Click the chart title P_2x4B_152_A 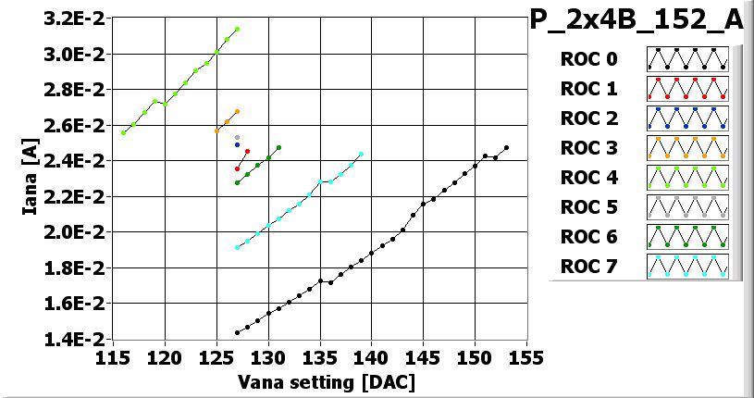pyautogui.click(x=636, y=21)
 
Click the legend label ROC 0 pyautogui.click(x=588, y=59)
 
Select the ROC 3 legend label pyautogui.click(x=588, y=148)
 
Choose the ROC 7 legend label pyautogui.click(x=588, y=267)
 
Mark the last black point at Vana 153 pyautogui.click(x=506, y=148)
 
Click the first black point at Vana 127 pyautogui.click(x=238, y=332)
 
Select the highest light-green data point pyautogui.click(x=238, y=30)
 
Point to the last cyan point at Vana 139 pyautogui.click(x=361, y=154)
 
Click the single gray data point pyautogui.click(x=238, y=137)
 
